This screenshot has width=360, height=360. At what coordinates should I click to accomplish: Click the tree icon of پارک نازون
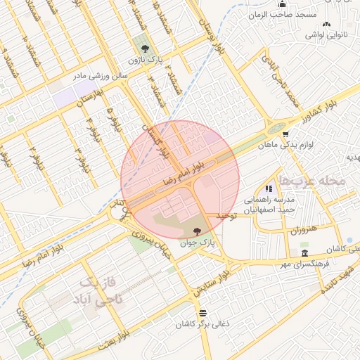145,49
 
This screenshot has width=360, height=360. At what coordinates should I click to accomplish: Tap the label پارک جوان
196,243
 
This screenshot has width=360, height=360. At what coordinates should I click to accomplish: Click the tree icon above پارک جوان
196,231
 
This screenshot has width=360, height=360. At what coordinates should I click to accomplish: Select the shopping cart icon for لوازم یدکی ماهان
285,134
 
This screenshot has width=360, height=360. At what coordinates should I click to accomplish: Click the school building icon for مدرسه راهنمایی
268,188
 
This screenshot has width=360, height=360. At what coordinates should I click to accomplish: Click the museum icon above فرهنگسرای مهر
304,253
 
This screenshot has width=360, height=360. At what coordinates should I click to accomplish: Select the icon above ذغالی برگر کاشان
202,313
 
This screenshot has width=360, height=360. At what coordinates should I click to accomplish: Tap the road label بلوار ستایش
214,280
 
